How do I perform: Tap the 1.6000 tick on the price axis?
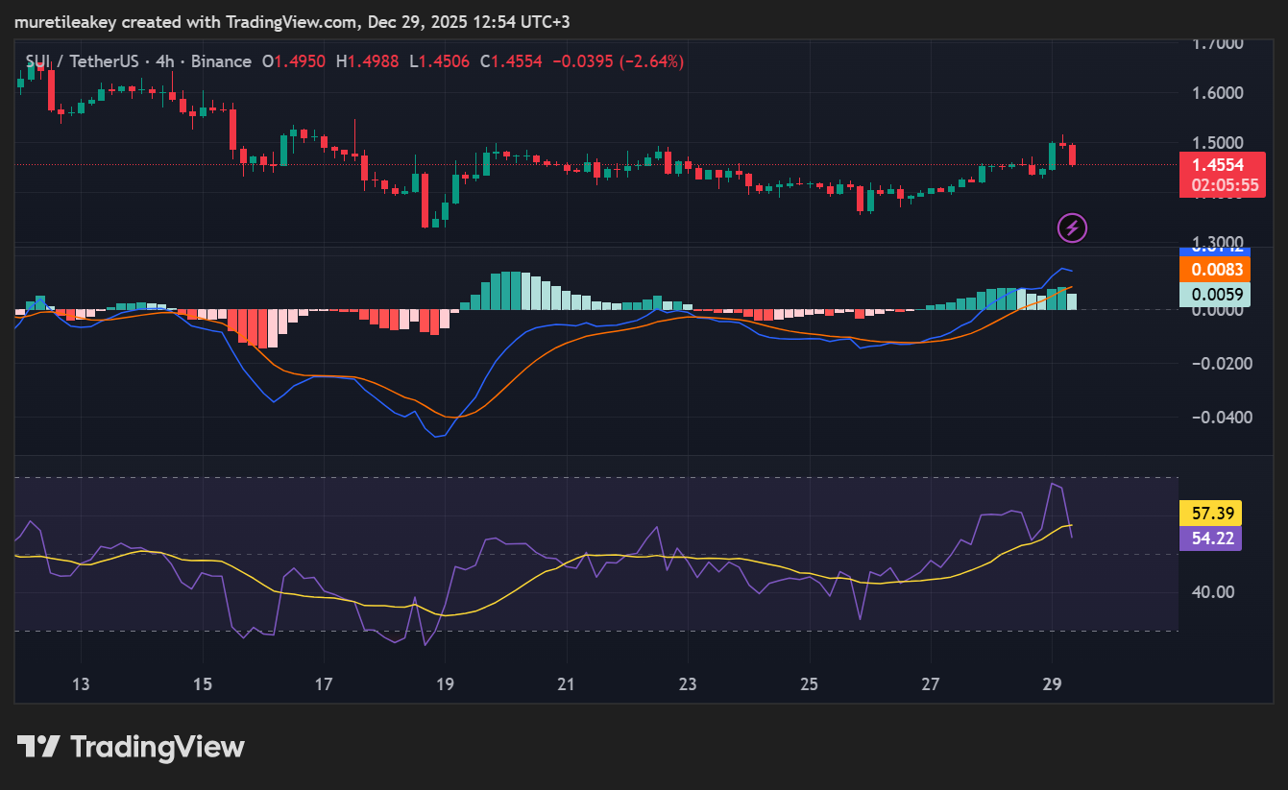tap(1217, 93)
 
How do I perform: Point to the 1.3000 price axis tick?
tap(1217, 243)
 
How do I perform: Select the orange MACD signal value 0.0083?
tap(1215, 271)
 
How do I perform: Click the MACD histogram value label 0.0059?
tap(1215, 295)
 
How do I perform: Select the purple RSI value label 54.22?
tap(1210, 538)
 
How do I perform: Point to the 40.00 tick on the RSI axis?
tap(1212, 591)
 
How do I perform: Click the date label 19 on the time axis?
tap(445, 684)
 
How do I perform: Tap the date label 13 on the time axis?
tap(81, 684)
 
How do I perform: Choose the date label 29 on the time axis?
tap(1052, 684)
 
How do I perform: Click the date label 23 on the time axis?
tap(688, 684)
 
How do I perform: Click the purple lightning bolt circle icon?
tap(1072, 227)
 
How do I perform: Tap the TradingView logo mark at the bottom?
tap(39, 747)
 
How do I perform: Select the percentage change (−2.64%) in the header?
tap(651, 61)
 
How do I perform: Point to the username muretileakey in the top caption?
tap(64, 21)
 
